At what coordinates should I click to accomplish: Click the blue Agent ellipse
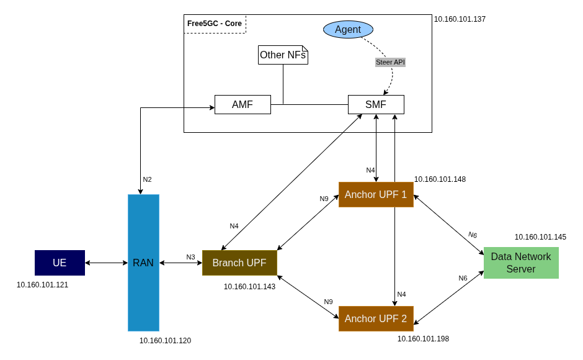pyautogui.click(x=348, y=30)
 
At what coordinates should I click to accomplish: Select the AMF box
pyautogui.click(x=243, y=104)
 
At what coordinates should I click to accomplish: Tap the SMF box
pyautogui.click(x=376, y=104)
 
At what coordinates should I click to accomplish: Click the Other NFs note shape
pyautogui.click(x=283, y=55)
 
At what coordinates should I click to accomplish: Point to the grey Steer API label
pyautogui.click(x=390, y=62)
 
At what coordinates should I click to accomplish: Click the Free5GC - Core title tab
pyautogui.click(x=215, y=24)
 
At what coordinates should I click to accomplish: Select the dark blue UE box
pyautogui.click(x=60, y=263)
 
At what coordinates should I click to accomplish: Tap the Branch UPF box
pyautogui.click(x=239, y=263)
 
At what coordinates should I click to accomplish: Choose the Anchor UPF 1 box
pyautogui.click(x=376, y=194)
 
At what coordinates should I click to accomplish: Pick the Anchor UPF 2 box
pyautogui.click(x=376, y=318)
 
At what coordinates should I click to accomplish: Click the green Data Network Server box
pyautogui.click(x=521, y=263)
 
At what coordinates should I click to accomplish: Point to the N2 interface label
pyautogui.click(x=147, y=179)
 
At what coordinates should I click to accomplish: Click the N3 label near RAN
pyautogui.click(x=190, y=257)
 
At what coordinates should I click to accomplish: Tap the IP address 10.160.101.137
pyautogui.click(x=460, y=19)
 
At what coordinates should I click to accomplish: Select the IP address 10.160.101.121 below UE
pyautogui.click(x=42, y=285)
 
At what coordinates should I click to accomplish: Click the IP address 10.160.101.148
pyautogui.click(x=440, y=179)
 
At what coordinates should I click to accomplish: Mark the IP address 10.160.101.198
pyautogui.click(x=423, y=339)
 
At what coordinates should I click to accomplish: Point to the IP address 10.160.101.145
pyautogui.click(x=540, y=237)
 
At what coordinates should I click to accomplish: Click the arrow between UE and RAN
pyautogui.click(x=106, y=263)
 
